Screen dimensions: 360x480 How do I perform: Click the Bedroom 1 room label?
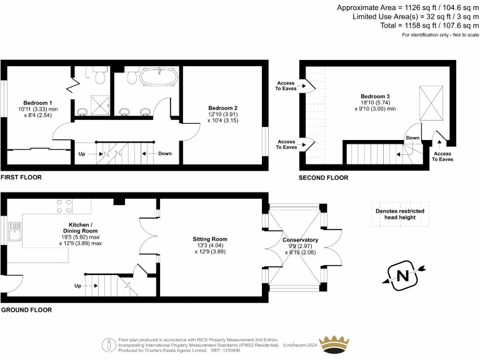37,102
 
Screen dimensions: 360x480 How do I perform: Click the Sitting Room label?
209,239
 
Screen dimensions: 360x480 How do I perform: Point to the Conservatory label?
301,240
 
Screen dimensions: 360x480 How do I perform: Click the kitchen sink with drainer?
15,236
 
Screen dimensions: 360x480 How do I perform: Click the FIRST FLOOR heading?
21,177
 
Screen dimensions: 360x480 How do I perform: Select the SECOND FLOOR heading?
323,177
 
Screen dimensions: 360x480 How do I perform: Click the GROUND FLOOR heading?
26,309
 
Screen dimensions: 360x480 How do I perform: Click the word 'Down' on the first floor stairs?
165,153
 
